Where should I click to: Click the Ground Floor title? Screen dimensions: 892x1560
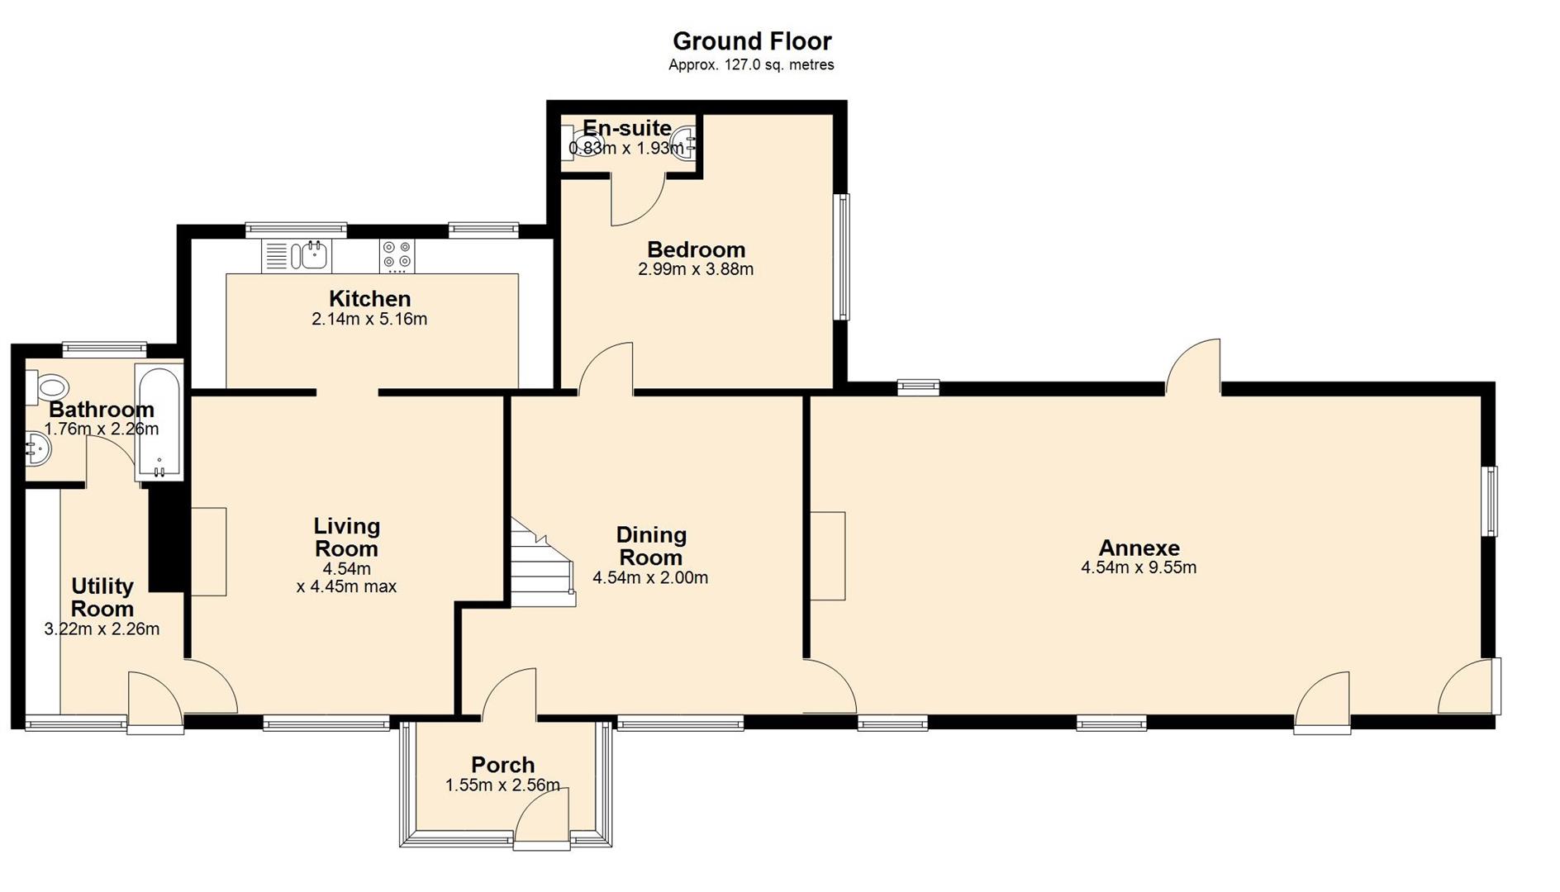click(751, 40)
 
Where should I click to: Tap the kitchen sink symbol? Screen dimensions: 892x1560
click(314, 255)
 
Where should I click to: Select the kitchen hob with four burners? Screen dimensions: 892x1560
click(397, 255)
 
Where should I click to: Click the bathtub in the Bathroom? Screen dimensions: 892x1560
click(159, 421)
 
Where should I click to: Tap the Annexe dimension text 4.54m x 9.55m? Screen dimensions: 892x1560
click(1138, 567)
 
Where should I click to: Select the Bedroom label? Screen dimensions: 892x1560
click(696, 249)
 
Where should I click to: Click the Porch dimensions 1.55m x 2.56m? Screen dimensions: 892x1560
click(502, 785)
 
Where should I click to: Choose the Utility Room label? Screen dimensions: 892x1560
click(102, 597)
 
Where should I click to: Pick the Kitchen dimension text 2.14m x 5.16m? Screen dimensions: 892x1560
click(369, 319)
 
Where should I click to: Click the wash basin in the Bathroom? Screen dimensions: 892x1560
click(38, 449)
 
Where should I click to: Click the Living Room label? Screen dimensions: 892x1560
click(346, 537)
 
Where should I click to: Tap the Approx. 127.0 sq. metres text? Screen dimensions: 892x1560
click(751, 64)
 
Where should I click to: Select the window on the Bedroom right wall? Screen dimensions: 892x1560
click(841, 256)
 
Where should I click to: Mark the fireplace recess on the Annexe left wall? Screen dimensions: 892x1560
click(827, 555)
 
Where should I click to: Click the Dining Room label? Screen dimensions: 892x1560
click(650, 546)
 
